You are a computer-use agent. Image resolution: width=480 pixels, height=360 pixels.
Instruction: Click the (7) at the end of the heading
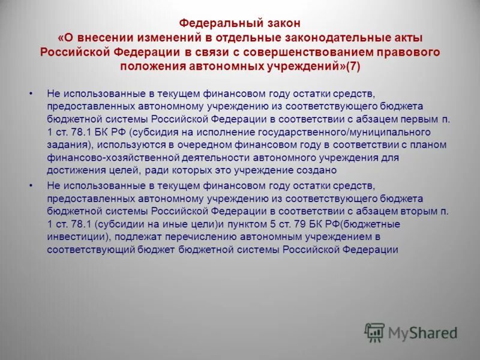[x=353, y=66]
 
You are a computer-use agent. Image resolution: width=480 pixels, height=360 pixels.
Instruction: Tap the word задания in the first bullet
[x=65, y=145]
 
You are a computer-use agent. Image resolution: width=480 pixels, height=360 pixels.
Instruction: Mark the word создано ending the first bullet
[x=304, y=170]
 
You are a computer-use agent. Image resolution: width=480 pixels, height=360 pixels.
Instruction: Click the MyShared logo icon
[x=375, y=332]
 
